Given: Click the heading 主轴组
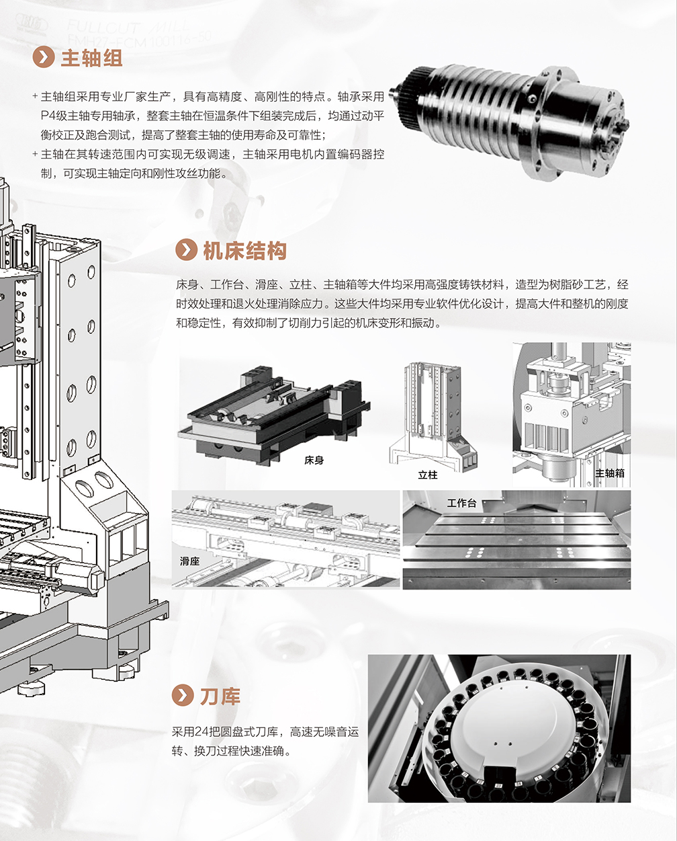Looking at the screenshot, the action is tap(91, 58).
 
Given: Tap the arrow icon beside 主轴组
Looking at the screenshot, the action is tap(44, 58).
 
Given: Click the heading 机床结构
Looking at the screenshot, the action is tap(244, 251).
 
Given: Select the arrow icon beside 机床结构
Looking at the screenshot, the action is tap(186, 250).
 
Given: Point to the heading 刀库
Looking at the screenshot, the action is tap(220, 696).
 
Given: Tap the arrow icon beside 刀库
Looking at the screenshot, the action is tap(183, 696).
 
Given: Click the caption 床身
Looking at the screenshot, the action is tap(314, 460).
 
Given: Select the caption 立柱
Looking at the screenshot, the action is tap(428, 475).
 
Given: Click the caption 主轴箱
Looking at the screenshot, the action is tap(609, 473).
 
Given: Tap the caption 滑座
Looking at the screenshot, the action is tap(190, 561).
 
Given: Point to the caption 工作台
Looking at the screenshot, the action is tap(461, 503).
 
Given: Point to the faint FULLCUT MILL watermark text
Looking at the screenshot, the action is tap(129, 28).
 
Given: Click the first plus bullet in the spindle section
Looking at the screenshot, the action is tap(35, 96).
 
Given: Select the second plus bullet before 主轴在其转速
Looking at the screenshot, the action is tap(35, 154).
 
